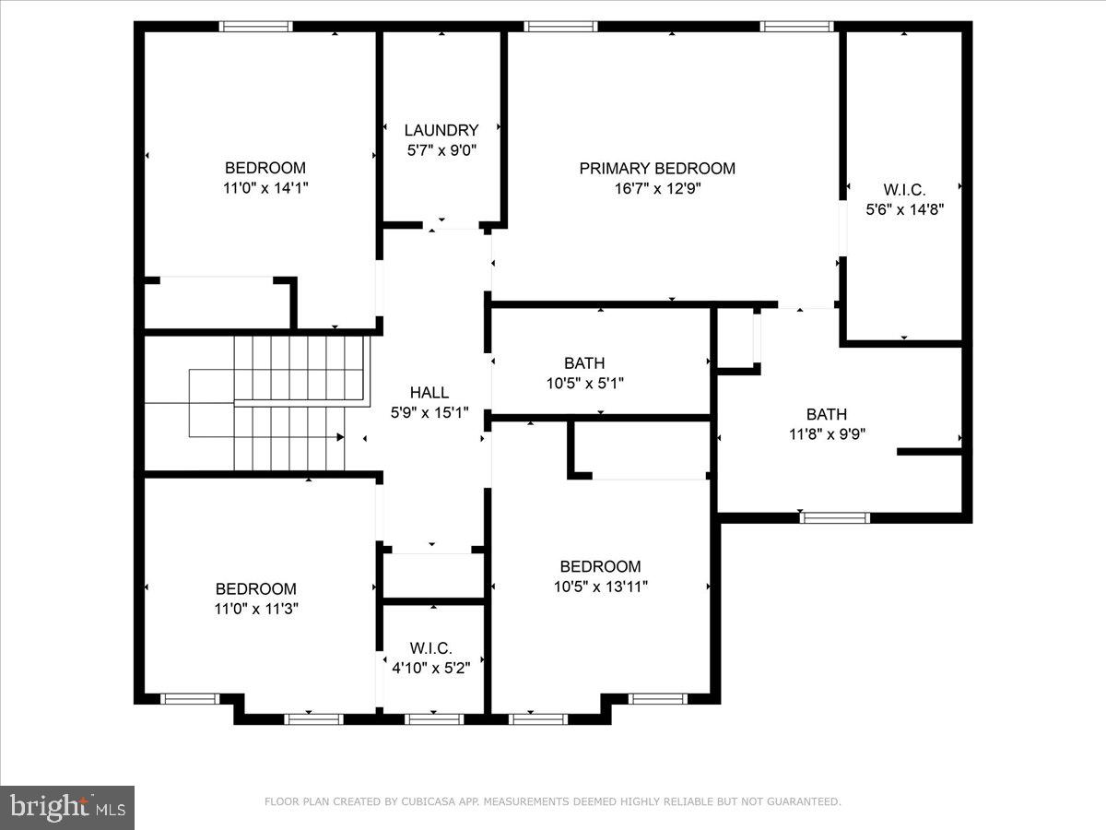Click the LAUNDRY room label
[x=441, y=131]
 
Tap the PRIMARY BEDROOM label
[x=657, y=169]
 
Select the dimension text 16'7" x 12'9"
[x=657, y=188]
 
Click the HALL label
[x=429, y=394]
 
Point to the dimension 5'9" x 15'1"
[x=429, y=413]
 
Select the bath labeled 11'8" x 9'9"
[x=826, y=415]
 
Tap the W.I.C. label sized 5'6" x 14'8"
[x=904, y=190]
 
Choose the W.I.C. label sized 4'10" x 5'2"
[x=431, y=649]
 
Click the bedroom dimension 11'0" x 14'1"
[x=265, y=188]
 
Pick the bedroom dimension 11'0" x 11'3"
[x=256, y=609]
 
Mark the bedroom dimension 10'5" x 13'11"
[x=600, y=587]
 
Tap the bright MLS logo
[x=67, y=807]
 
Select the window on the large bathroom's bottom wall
[x=835, y=517]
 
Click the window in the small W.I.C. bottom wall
[x=433, y=718]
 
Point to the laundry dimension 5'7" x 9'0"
[x=441, y=150]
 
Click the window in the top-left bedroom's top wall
[x=256, y=27]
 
